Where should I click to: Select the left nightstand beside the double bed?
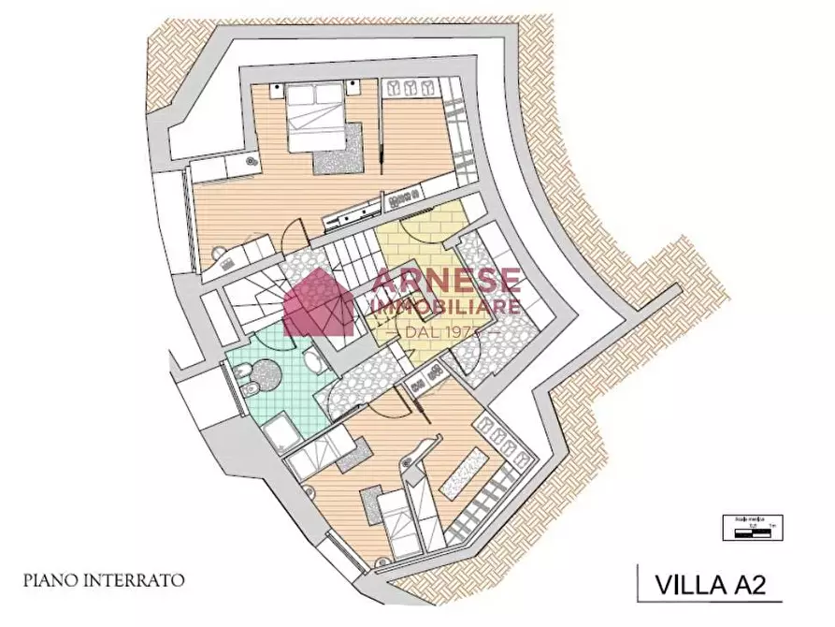[278, 90]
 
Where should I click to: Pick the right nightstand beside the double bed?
[353, 90]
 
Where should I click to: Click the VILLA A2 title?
[709, 586]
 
